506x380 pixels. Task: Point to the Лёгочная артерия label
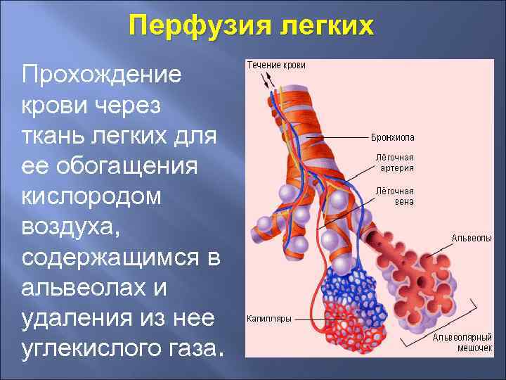tap(394, 163)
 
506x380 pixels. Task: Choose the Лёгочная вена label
tap(394, 196)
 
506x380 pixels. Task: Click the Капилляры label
tap(268, 318)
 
